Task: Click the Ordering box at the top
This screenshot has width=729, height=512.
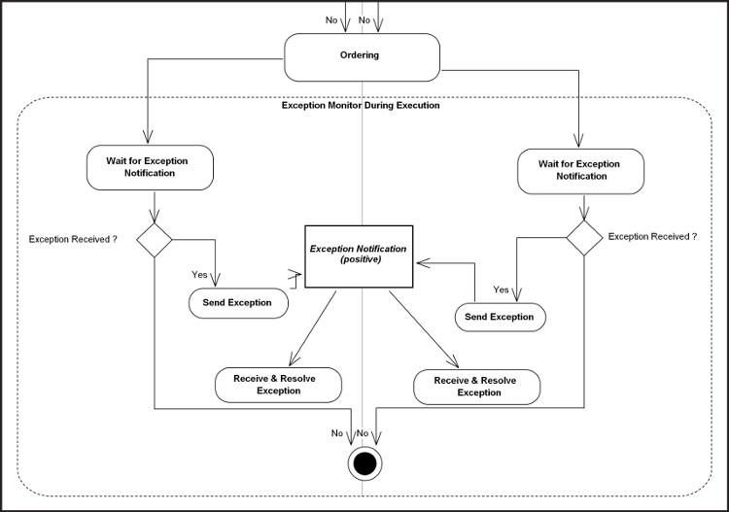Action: [361, 57]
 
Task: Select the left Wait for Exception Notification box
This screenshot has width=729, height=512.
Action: [150, 167]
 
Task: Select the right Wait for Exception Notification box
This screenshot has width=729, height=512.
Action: [580, 171]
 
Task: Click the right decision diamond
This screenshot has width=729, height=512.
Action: [584, 235]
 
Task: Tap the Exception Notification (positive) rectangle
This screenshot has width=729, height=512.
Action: [358, 254]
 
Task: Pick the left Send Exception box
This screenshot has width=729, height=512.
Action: [237, 303]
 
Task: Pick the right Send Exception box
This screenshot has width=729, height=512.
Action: [500, 317]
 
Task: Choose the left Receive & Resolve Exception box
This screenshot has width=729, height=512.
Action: [279, 384]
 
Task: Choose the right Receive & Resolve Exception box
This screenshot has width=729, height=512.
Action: [477, 387]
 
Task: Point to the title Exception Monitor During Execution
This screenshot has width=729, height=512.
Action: [361, 105]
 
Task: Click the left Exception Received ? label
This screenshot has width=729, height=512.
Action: [73, 238]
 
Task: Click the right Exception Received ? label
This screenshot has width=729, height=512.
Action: [652, 236]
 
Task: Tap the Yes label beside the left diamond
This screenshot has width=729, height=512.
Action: [199, 275]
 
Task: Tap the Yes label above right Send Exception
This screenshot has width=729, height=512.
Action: [502, 290]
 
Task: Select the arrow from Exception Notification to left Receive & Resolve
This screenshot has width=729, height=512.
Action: [313, 326]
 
